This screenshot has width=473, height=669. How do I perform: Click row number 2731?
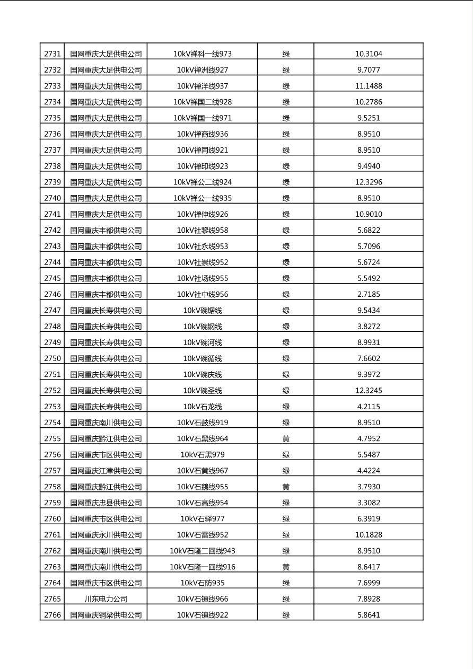(52, 54)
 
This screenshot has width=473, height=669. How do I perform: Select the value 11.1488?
(369, 86)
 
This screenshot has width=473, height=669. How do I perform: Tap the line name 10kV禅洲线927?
(203, 70)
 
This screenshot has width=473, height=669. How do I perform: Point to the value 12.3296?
(369, 182)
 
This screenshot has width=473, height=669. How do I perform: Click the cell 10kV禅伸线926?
(203, 214)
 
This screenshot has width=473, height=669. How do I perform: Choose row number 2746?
(52, 294)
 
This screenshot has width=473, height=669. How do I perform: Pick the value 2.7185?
(369, 294)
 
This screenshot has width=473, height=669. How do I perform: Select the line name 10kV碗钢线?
(203, 327)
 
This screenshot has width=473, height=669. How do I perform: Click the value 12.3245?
(369, 391)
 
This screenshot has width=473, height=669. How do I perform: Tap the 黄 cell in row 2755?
(286, 438)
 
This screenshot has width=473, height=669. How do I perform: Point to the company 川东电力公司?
(106, 599)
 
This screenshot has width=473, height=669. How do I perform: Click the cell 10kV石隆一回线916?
(203, 567)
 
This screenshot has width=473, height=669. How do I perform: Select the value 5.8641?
(369, 615)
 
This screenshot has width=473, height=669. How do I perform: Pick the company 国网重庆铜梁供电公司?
(106, 615)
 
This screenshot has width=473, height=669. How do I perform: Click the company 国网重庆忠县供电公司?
(106, 503)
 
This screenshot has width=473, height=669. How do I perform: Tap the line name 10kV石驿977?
(203, 518)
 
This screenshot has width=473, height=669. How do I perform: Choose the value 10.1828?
(369, 535)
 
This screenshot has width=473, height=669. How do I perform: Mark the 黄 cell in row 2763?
(286, 567)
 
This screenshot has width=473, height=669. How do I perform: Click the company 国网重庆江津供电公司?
(106, 471)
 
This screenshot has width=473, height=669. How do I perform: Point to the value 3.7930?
(369, 487)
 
